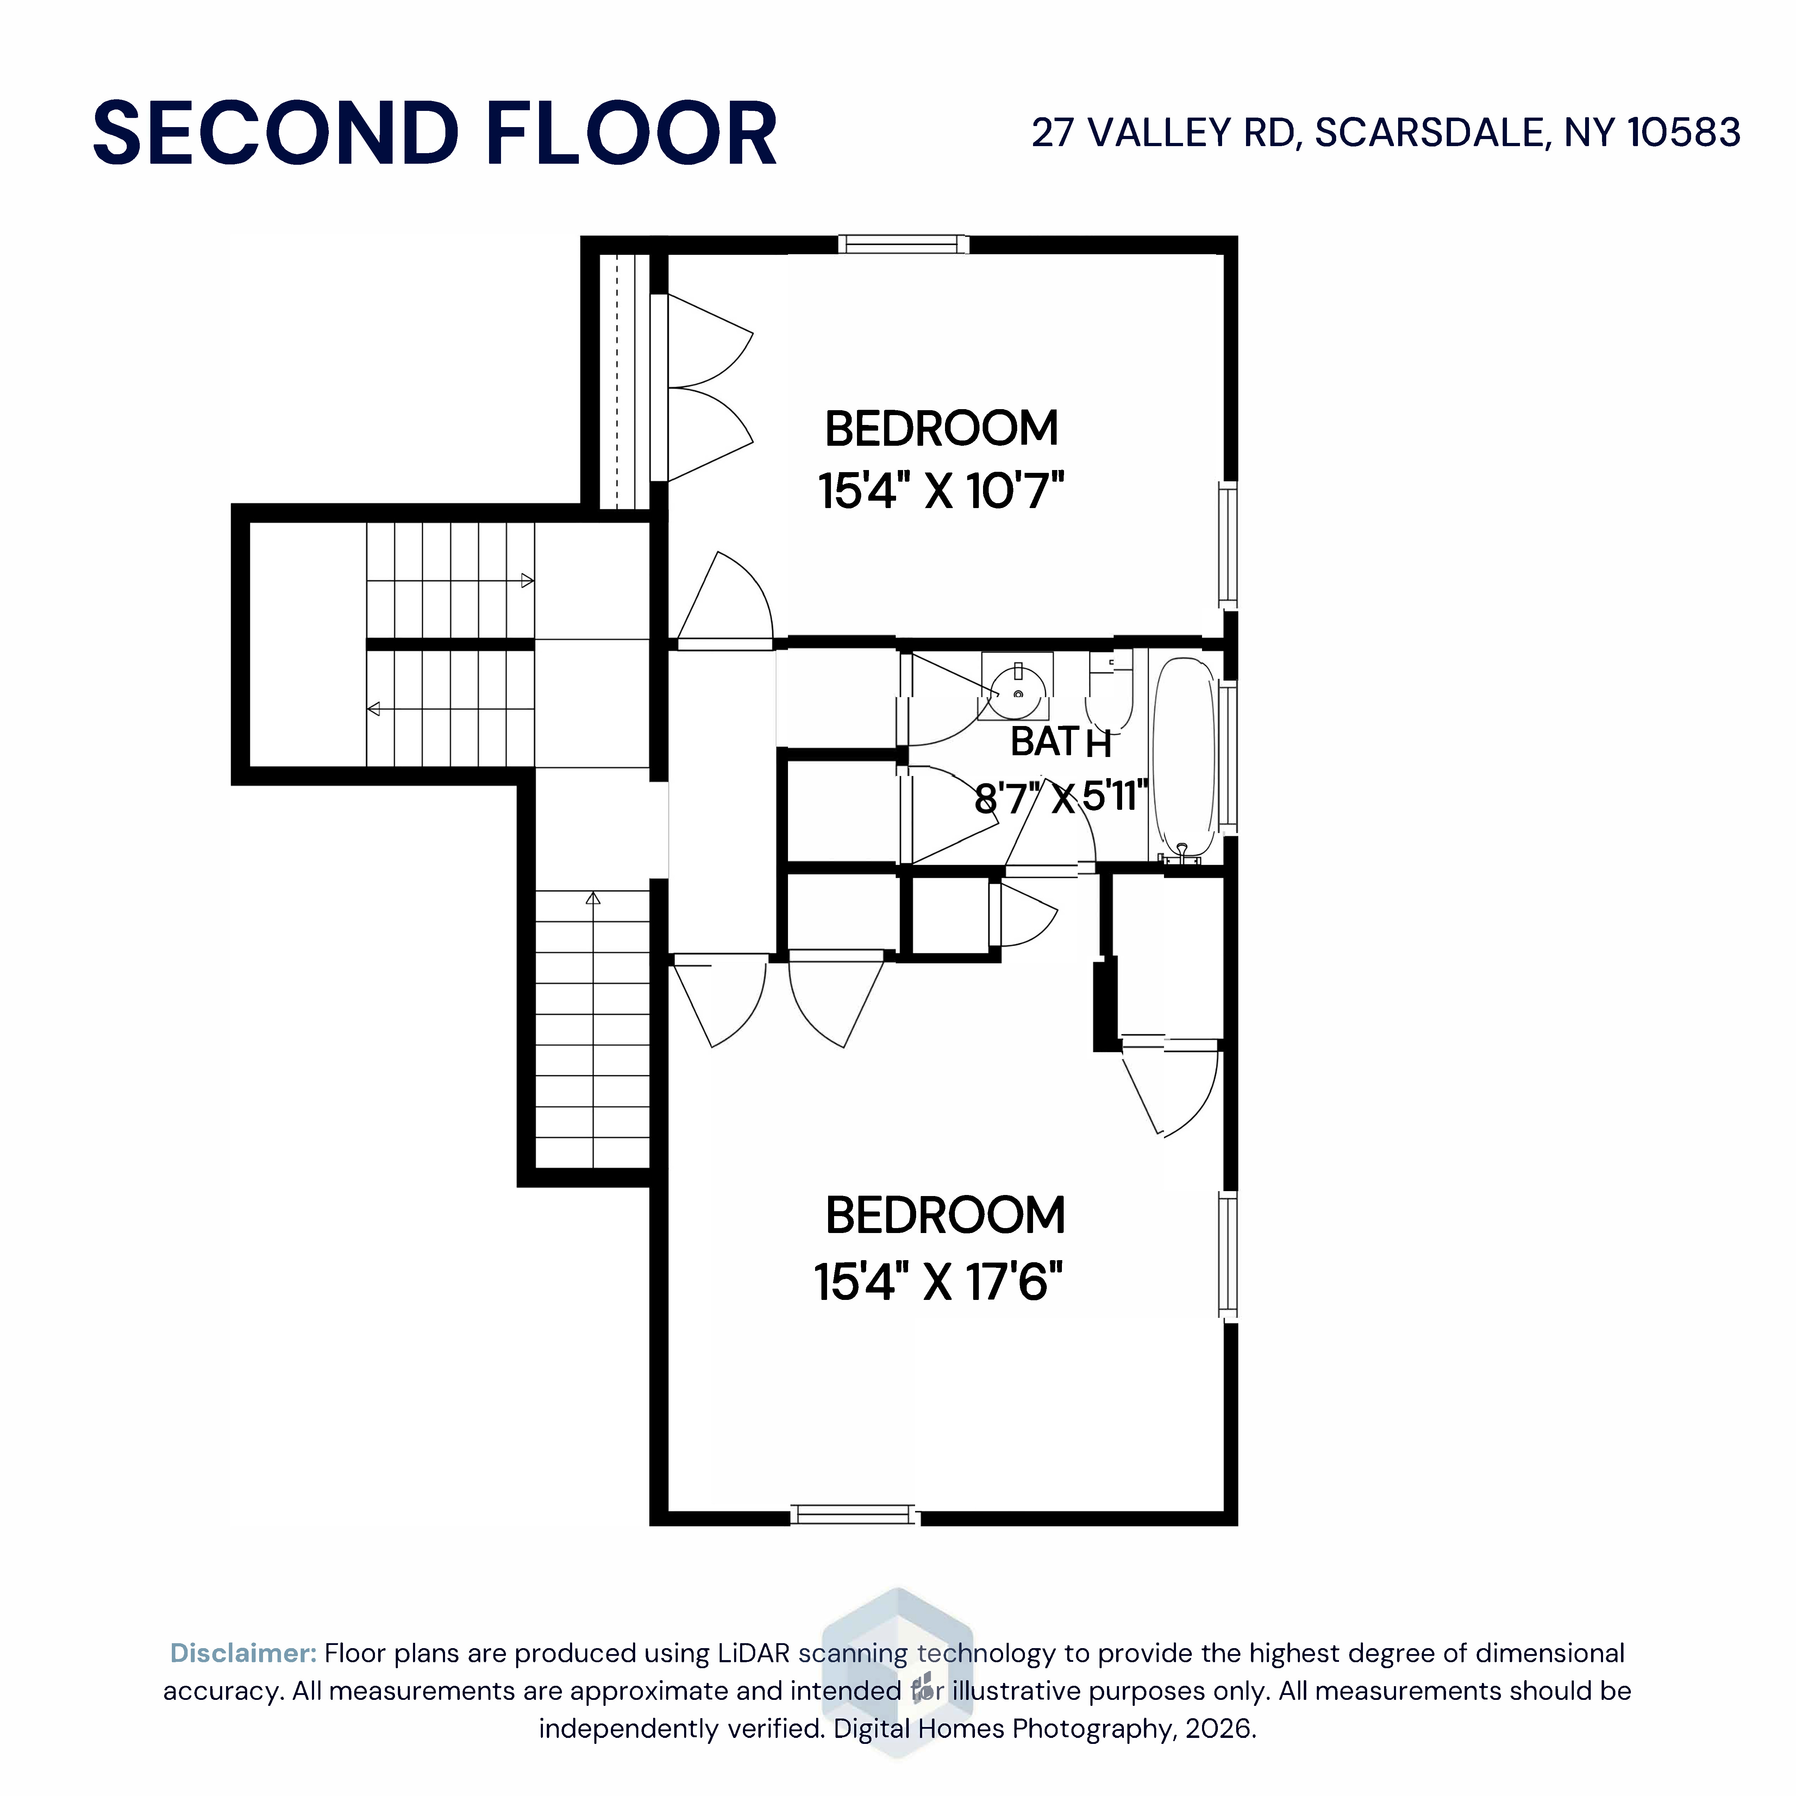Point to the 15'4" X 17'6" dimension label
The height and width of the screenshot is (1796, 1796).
[939, 1282]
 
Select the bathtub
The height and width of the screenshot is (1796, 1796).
[1184, 758]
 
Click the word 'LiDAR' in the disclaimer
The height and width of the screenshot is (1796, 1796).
[753, 1653]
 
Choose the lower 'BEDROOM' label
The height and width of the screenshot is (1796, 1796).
[945, 1216]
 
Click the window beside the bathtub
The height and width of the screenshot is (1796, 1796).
[1228, 758]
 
